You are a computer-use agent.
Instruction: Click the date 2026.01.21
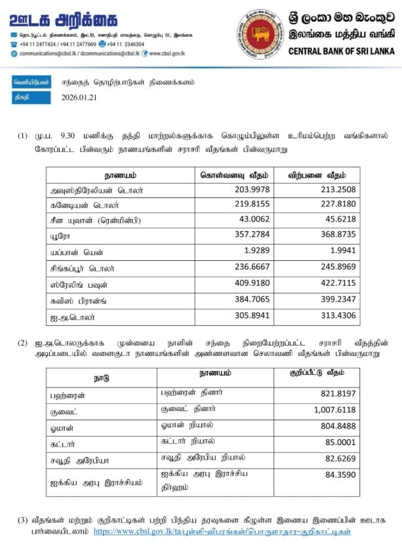point(79,98)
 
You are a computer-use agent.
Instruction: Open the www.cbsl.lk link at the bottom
point(223,530)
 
